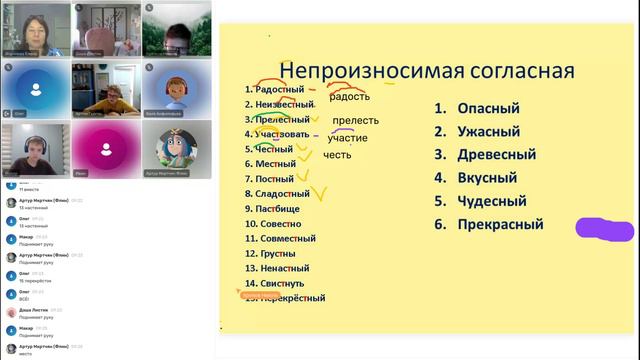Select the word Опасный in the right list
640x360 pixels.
[488, 108]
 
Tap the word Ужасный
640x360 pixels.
[488, 131]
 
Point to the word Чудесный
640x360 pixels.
[492, 202]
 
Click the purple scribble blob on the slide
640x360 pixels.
[605, 229]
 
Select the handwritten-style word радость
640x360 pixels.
[349, 97]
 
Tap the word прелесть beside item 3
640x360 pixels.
[355, 121]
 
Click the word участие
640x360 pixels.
[347, 138]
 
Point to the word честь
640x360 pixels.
[338, 155]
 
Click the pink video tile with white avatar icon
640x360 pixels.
[105, 149]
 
